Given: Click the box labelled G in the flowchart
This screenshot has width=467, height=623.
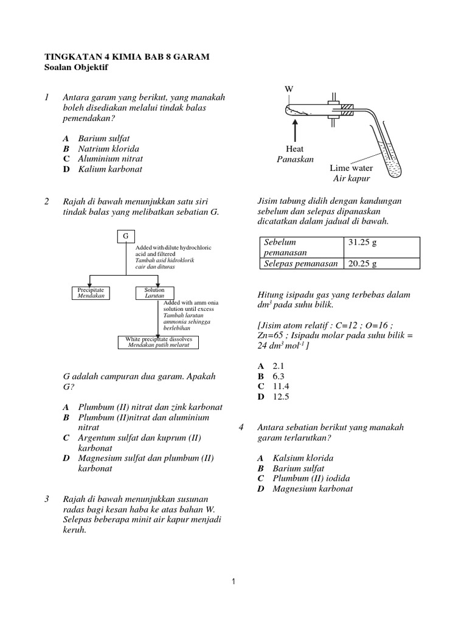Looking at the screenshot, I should (x=125, y=236).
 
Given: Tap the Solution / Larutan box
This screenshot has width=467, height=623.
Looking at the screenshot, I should (x=150, y=293).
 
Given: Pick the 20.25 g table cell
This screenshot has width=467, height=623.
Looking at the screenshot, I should (x=380, y=263).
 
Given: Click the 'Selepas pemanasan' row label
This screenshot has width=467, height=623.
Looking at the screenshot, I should (x=299, y=263).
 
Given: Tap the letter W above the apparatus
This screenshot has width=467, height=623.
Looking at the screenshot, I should (x=289, y=90).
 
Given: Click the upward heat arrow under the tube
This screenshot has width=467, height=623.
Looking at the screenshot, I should (x=295, y=130).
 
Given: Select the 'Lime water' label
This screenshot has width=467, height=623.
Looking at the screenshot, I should (x=351, y=168).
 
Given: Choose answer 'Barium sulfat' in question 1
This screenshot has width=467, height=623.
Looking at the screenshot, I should (x=103, y=138).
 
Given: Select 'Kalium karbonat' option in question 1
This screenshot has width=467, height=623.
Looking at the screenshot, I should (x=109, y=169).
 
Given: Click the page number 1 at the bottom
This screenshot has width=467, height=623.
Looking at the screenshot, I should (x=233, y=582).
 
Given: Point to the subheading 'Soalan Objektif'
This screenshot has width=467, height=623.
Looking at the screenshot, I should (x=76, y=68).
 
